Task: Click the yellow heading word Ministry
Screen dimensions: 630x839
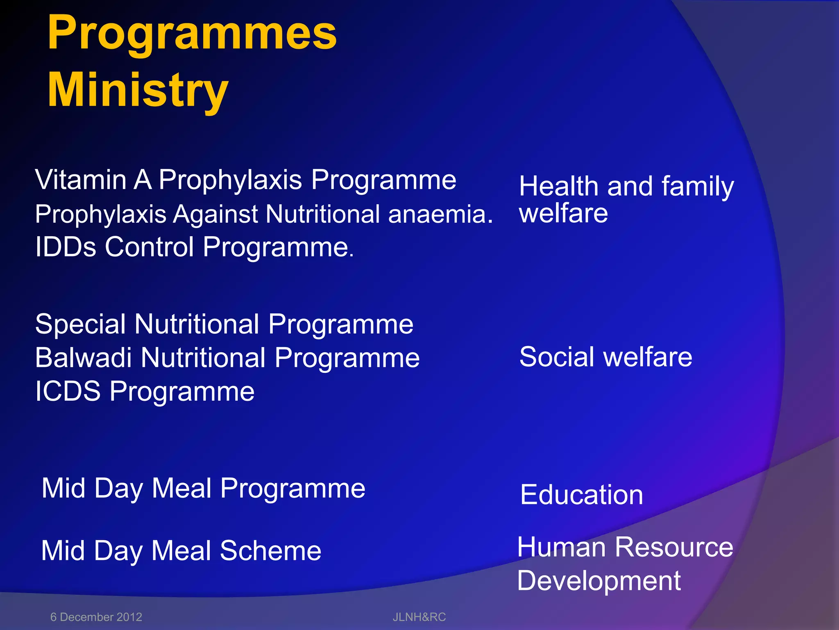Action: coord(138,90)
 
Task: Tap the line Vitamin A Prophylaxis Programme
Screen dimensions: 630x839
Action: coord(245,180)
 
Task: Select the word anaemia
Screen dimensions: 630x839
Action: coord(440,215)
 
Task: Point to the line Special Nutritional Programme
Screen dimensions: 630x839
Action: coord(224,324)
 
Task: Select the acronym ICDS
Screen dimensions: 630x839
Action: coord(68,391)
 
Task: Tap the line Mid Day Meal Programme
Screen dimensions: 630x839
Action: coord(203,488)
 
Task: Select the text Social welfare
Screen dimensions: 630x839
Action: coord(605,357)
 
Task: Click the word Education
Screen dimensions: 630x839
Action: coord(581,495)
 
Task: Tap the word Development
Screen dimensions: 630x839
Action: coord(599,581)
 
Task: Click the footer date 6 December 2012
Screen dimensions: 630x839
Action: coord(96,617)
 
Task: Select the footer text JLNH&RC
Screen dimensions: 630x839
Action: coord(419,617)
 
